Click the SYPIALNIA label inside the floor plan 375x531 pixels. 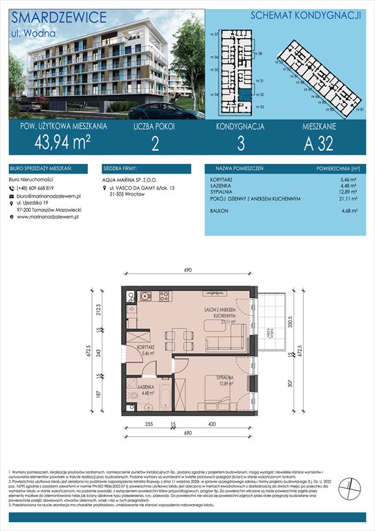coord(221,379)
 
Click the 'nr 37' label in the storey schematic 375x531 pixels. coord(215,33)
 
